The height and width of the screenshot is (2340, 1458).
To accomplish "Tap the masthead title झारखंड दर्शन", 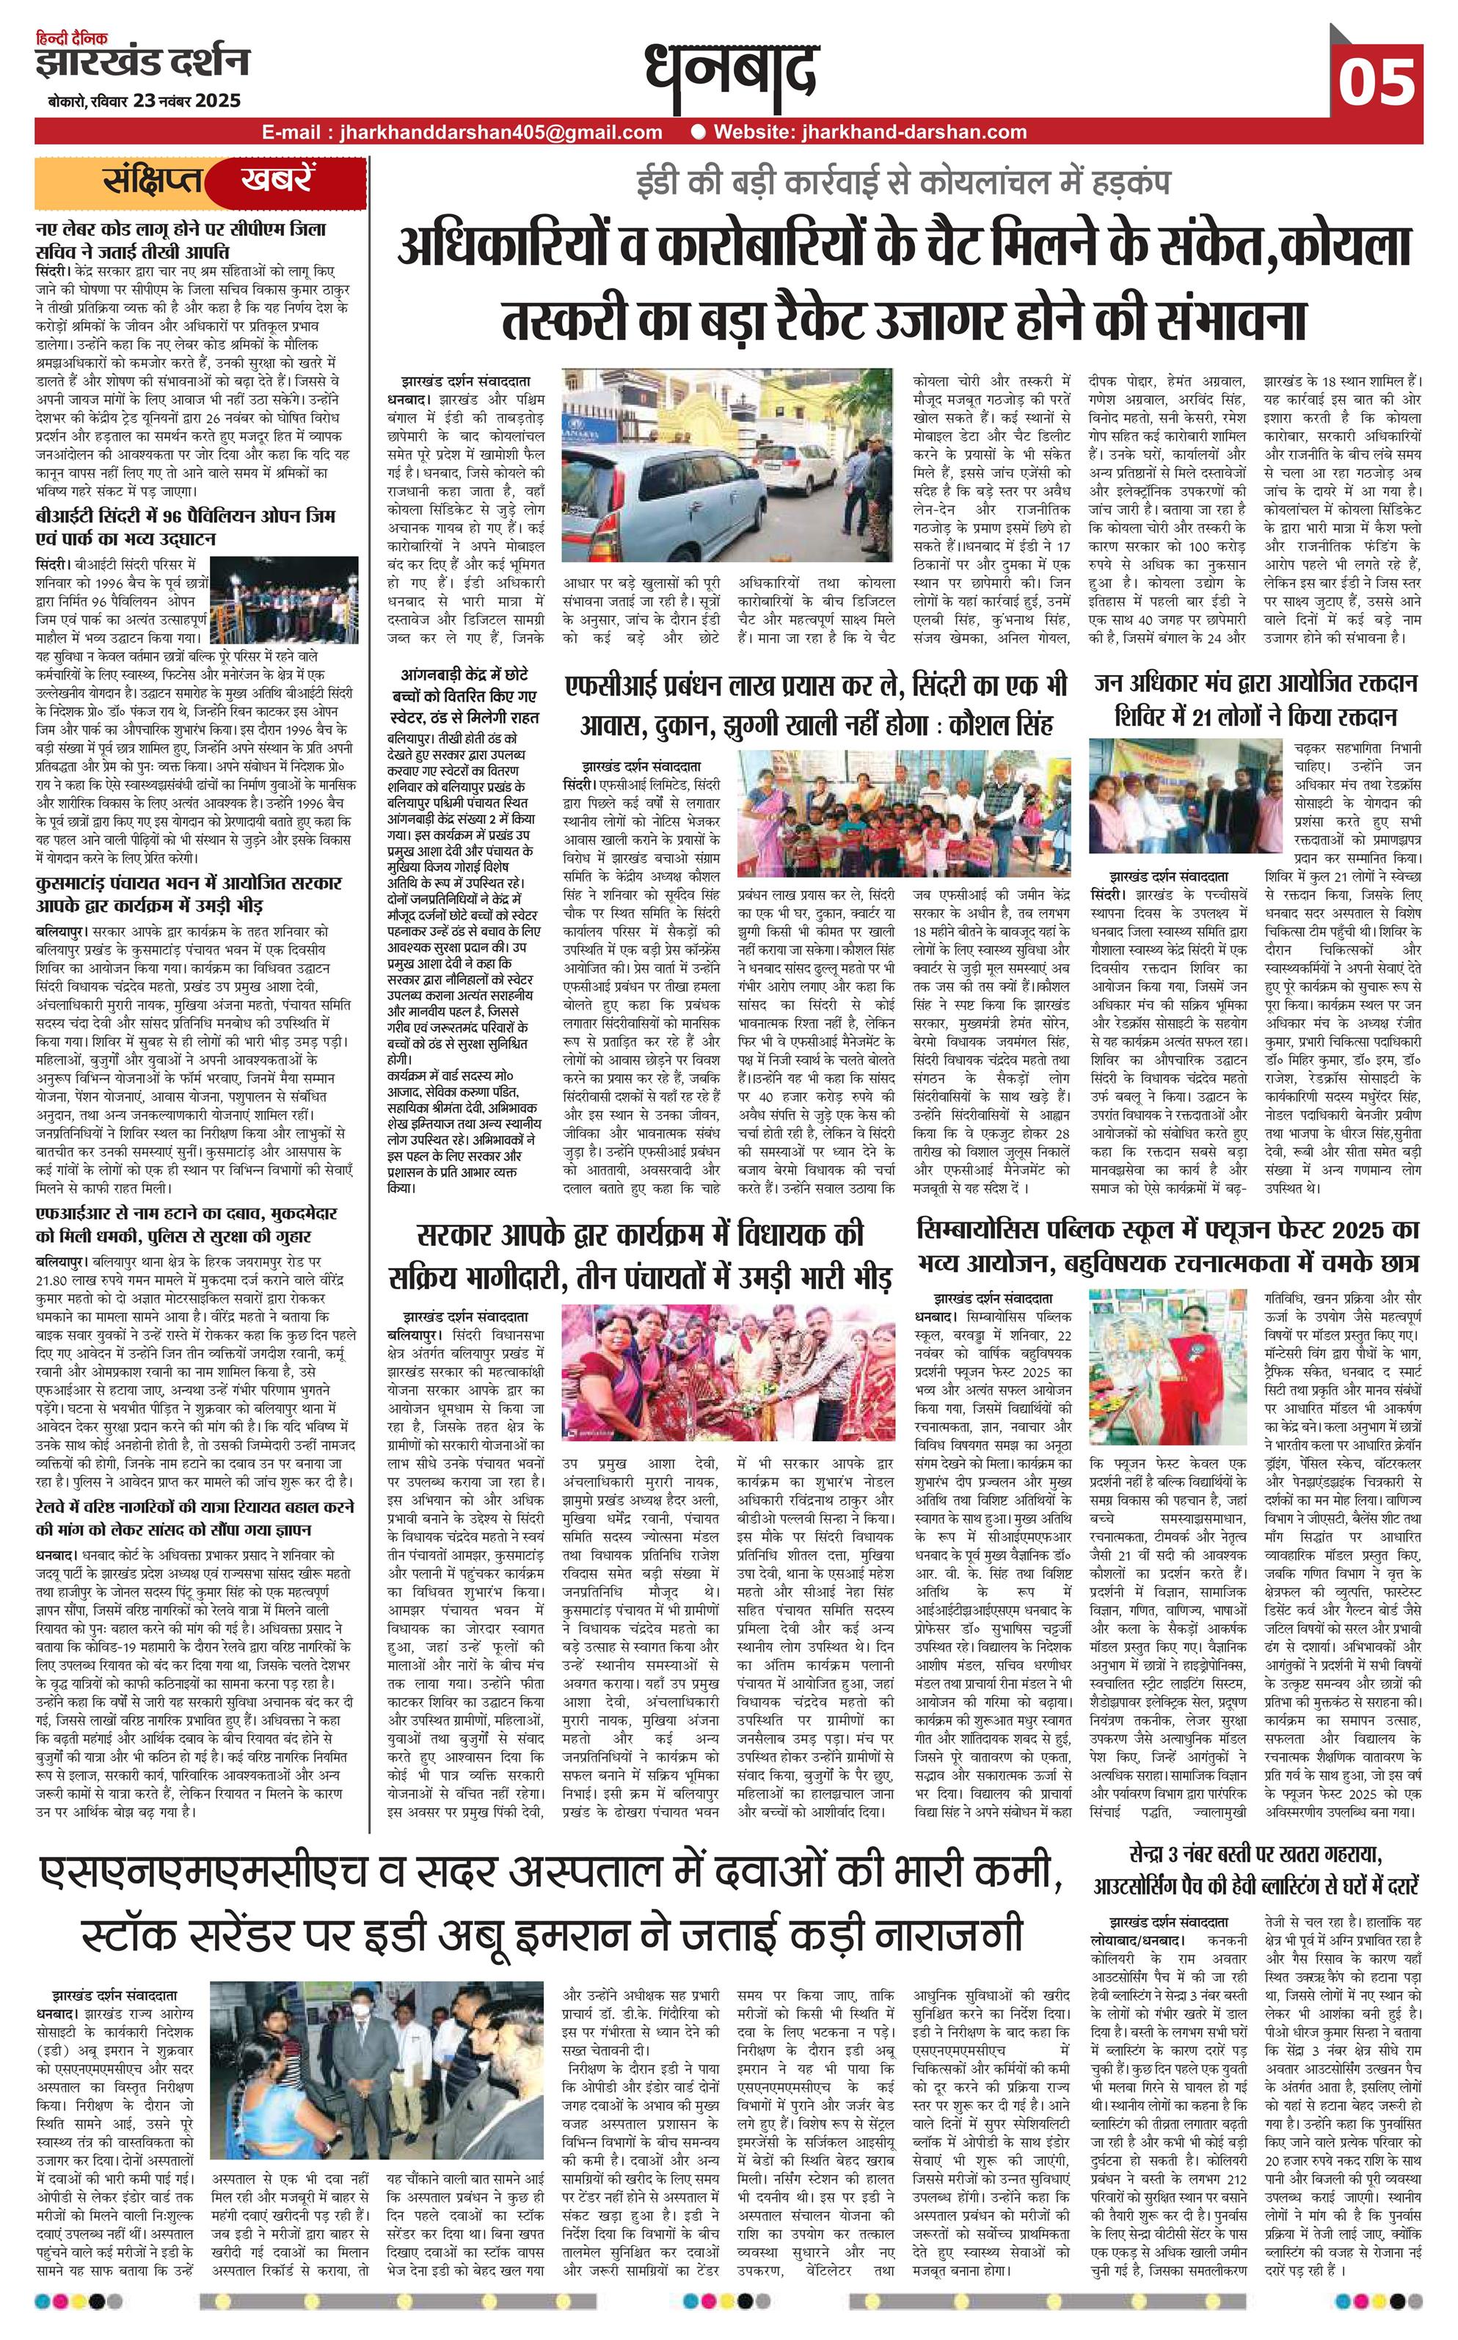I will coord(142,62).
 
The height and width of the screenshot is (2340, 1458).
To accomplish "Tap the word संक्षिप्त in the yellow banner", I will coord(154,181).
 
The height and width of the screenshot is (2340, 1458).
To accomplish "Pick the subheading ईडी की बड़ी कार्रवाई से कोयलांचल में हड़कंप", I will coord(903,184).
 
